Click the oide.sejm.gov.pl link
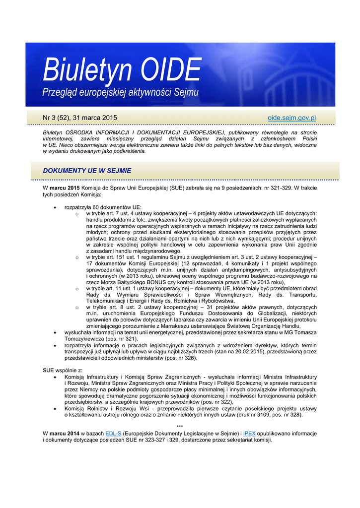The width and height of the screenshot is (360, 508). [292, 118]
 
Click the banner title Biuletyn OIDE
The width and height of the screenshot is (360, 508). [122, 70]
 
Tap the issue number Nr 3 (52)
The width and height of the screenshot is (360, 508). [56, 118]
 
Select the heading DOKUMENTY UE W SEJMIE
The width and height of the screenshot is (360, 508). [87, 171]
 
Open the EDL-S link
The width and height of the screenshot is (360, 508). [113, 433]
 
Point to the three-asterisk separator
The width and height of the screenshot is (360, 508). [180, 427]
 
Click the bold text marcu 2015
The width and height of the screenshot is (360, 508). [65, 188]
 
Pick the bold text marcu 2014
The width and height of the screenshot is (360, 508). [65, 433]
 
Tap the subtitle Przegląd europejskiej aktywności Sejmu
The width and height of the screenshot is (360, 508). [120, 92]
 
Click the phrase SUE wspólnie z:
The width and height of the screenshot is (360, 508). [63, 370]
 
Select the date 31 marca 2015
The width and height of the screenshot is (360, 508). [95, 118]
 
